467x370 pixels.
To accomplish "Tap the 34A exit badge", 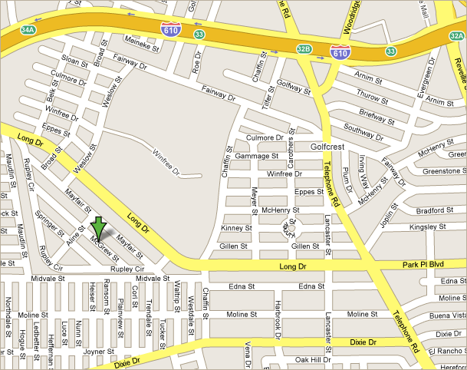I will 28,30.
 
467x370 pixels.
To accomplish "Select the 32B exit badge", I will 304,49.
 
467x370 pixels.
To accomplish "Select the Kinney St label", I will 236,228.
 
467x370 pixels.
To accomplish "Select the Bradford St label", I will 435,210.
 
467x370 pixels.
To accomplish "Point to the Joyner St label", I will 94,352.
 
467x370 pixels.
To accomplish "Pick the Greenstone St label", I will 444,171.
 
